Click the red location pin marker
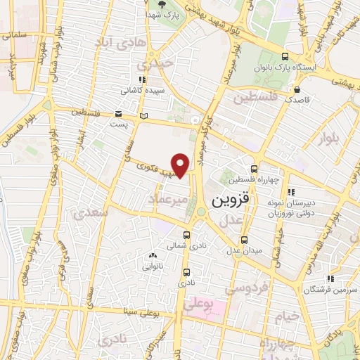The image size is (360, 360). tap(181, 165)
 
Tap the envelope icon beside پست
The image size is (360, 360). tap(118, 114)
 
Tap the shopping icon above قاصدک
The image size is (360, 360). tap(299, 89)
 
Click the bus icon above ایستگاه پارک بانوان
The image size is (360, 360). tap(284, 57)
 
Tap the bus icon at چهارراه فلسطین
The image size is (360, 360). tap(253, 168)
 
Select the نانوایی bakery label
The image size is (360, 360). tap(153, 266)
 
